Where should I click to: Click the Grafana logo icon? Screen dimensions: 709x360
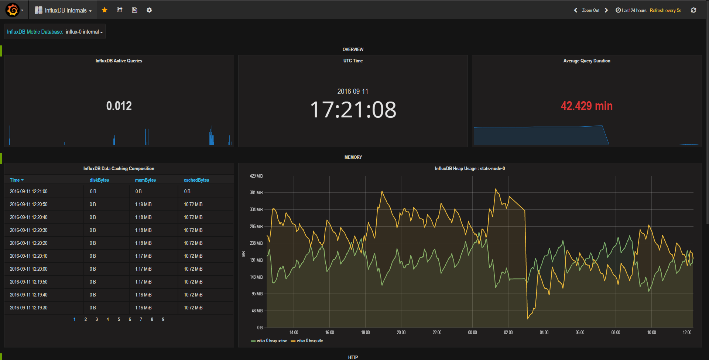click(13, 10)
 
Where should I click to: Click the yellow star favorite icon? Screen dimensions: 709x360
click(105, 10)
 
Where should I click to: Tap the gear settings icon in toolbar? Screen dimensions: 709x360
click(149, 10)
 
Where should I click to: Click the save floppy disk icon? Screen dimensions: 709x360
click(134, 10)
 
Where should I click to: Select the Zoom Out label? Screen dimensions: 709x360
click(590, 10)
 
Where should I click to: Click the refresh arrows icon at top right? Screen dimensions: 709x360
click(693, 10)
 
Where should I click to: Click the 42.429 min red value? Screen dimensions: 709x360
click(586, 106)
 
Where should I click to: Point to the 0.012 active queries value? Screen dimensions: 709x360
click(119, 106)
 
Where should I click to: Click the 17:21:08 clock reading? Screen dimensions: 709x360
click(353, 110)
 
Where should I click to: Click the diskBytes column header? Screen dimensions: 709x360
click(99, 180)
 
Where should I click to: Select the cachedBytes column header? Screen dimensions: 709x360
click(196, 180)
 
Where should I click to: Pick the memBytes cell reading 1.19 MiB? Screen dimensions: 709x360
click(143, 204)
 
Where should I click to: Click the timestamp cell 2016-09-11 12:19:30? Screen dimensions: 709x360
click(28, 308)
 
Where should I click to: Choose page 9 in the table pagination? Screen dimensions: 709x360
click(163, 319)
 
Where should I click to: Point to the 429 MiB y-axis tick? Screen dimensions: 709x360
click(256, 176)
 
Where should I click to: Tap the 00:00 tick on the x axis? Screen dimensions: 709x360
click(472, 332)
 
